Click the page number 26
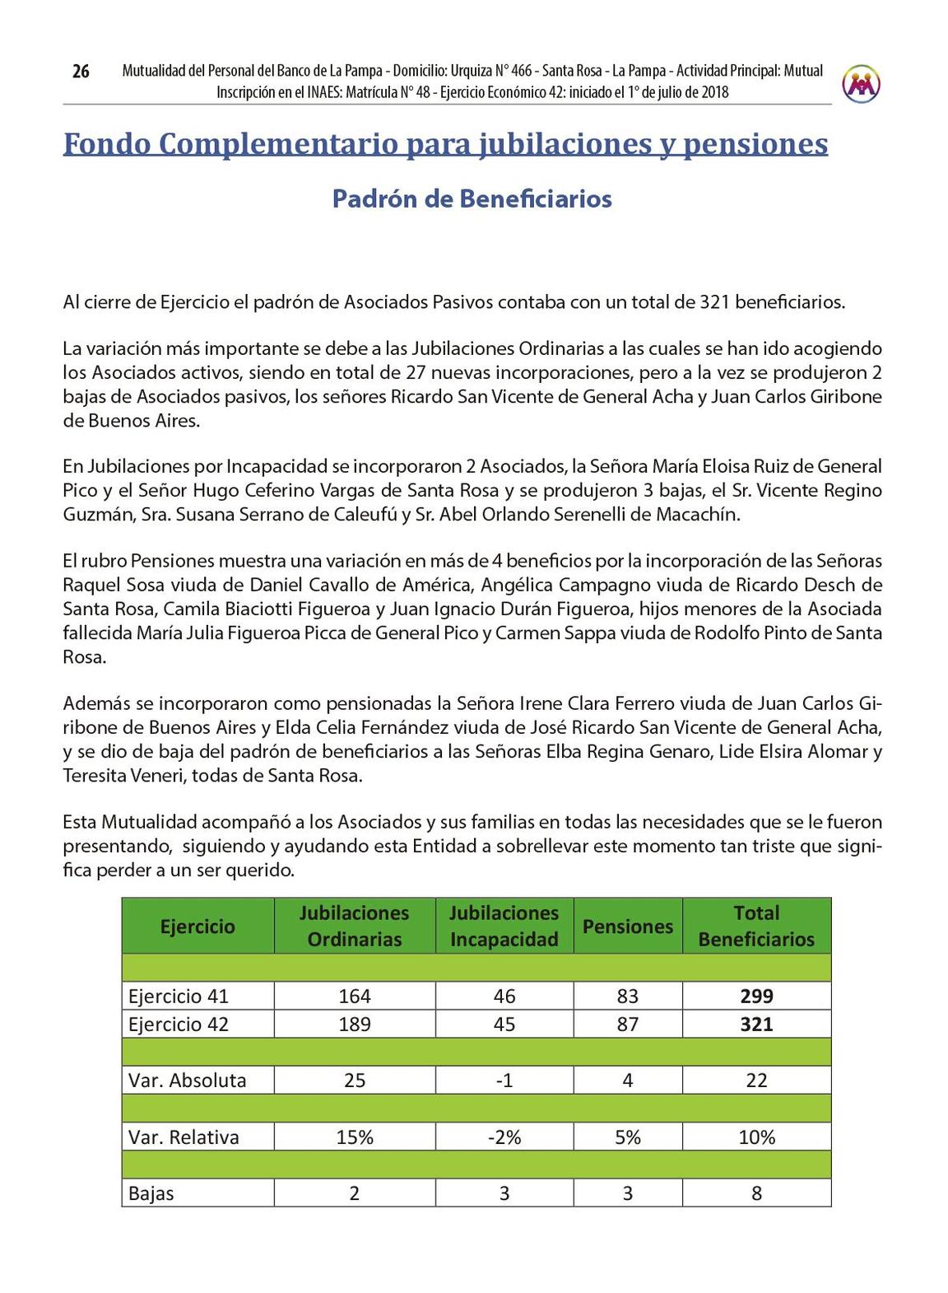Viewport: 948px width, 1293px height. coord(81,72)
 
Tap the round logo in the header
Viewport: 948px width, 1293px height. coord(861,83)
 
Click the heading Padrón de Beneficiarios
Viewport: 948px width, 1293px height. coord(472,199)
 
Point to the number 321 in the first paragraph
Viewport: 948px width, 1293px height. coord(715,302)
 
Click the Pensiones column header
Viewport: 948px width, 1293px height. coord(627,927)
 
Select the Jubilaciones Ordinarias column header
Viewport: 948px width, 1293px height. coord(354,926)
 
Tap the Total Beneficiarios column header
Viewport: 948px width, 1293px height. coord(756,926)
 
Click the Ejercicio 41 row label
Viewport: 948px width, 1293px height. coord(179,997)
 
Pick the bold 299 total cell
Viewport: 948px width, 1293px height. coord(756,997)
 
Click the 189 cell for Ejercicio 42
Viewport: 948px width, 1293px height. coord(355,1025)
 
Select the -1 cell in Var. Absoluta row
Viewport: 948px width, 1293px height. coord(504,1081)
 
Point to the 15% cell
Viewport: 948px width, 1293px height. coord(355,1137)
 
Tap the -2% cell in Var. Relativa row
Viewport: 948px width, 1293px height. coord(504,1137)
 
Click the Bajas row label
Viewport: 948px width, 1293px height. coord(151,1193)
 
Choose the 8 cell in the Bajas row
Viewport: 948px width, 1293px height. coord(756,1193)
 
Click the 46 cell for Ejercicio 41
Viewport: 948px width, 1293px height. coord(504,997)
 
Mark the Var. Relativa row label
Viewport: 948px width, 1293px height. coord(184,1137)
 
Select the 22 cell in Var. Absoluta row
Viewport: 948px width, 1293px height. coord(756,1081)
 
